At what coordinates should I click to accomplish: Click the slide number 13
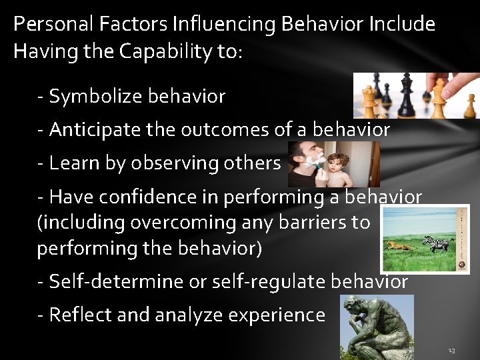451,349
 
